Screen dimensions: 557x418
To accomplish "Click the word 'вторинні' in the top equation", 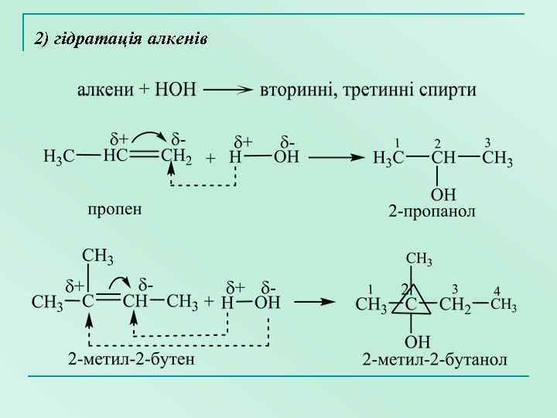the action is point(297,90).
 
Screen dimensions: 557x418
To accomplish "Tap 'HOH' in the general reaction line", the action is point(176,90).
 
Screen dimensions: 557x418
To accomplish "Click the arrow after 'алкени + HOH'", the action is point(228,90).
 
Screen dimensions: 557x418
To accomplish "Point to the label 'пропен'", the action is point(114,209).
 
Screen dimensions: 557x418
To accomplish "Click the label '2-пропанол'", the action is point(432,211).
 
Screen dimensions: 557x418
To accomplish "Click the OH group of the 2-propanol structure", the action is point(443,194).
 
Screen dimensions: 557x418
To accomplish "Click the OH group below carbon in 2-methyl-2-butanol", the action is point(418,341).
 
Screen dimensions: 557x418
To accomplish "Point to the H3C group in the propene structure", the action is point(59,158).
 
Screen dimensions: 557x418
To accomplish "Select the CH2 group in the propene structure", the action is point(176,158).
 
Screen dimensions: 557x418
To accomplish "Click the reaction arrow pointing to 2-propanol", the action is point(337,158).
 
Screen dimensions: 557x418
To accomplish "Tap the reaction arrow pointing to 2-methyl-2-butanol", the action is point(315,302).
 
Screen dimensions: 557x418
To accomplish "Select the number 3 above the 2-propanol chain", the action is point(487,143).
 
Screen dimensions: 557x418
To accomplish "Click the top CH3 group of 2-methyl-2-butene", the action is point(98,256).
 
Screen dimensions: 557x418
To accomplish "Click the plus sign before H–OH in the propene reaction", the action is point(210,158).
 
